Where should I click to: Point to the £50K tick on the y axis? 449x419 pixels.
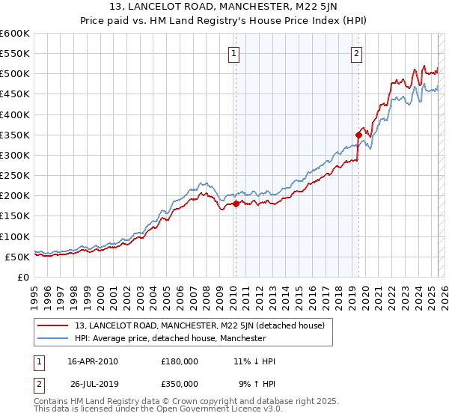pyautogui.click(x=16, y=257)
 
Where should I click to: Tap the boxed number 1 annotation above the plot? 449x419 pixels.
pyautogui.click(x=234, y=53)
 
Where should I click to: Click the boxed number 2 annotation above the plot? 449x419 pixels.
pyautogui.click(x=357, y=53)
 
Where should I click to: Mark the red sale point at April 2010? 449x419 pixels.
pyautogui.click(x=236, y=204)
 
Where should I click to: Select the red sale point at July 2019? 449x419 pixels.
pyautogui.click(x=358, y=135)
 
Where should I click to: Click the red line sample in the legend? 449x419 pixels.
pyautogui.click(x=53, y=326)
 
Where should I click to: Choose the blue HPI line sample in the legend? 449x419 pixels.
pyautogui.click(x=53, y=338)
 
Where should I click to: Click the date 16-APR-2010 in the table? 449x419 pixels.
pyautogui.click(x=93, y=361)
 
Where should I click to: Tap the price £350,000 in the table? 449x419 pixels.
pyautogui.click(x=180, y=385)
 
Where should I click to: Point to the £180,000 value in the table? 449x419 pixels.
pyautogui.click(x=180, y=361)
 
